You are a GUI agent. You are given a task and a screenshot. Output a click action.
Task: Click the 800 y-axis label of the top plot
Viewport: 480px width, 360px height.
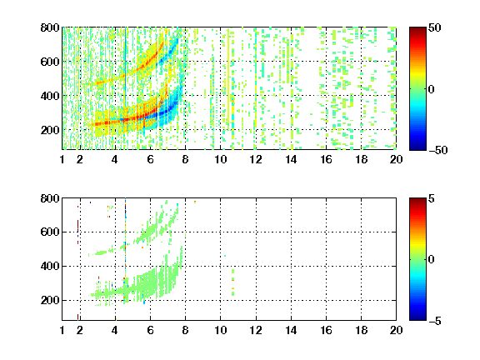50,27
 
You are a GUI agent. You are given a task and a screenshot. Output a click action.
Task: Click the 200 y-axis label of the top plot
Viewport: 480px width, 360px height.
50,130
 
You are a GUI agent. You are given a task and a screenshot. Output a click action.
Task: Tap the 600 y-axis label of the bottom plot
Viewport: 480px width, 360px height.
50,232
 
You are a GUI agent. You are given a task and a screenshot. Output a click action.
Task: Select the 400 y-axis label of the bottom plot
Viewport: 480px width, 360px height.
50,266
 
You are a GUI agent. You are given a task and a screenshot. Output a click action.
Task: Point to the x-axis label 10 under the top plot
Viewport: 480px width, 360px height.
220,159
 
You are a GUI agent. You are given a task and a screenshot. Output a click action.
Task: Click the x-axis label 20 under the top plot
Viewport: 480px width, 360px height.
396,159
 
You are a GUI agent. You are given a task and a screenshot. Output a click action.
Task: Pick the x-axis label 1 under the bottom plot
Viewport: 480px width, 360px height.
62,330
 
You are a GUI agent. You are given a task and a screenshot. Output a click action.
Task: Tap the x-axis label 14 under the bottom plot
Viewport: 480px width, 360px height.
291,330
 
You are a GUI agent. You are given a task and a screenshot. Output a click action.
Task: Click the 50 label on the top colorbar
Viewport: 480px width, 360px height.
435,27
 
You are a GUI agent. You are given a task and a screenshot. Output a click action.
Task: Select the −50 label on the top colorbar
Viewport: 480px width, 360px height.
438,150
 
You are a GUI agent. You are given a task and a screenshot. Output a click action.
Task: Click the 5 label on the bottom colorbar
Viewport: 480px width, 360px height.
432,198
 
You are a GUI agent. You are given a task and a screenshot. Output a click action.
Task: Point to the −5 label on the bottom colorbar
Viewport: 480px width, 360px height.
435,321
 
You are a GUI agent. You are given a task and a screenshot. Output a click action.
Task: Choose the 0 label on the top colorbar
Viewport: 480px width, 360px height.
432,89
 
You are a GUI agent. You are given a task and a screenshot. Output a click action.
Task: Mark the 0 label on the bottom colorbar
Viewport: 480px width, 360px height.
432,260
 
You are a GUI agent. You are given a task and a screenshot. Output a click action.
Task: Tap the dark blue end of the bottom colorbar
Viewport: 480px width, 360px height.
417,318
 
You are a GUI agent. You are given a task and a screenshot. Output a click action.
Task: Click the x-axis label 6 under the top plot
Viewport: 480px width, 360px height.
150,159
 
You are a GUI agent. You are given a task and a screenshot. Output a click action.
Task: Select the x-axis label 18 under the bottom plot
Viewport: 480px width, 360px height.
361,330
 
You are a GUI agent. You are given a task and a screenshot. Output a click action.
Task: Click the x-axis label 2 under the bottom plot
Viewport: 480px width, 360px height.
80,330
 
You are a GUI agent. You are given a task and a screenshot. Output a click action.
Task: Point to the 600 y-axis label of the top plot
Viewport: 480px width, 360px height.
50,62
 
